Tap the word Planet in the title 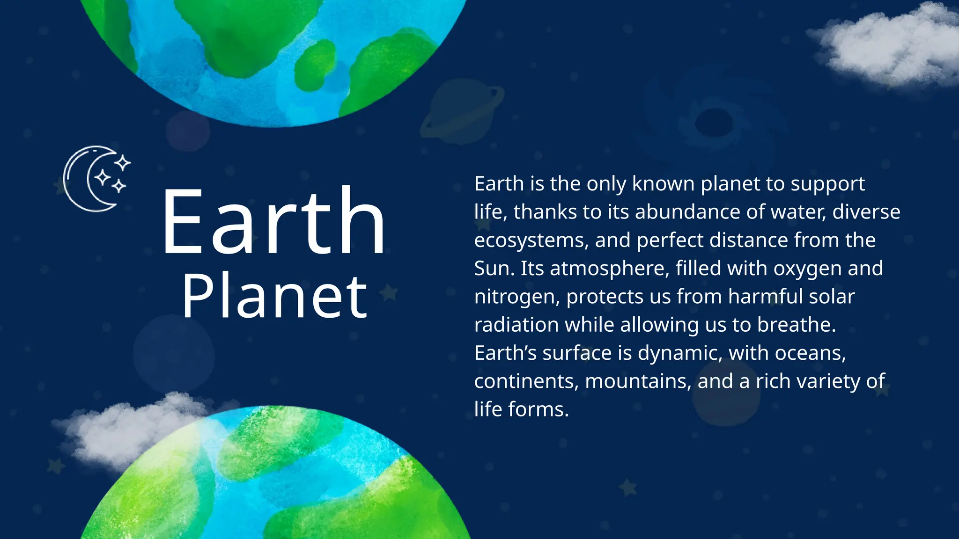(x=275, y=297)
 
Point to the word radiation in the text (x=516, y=325)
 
